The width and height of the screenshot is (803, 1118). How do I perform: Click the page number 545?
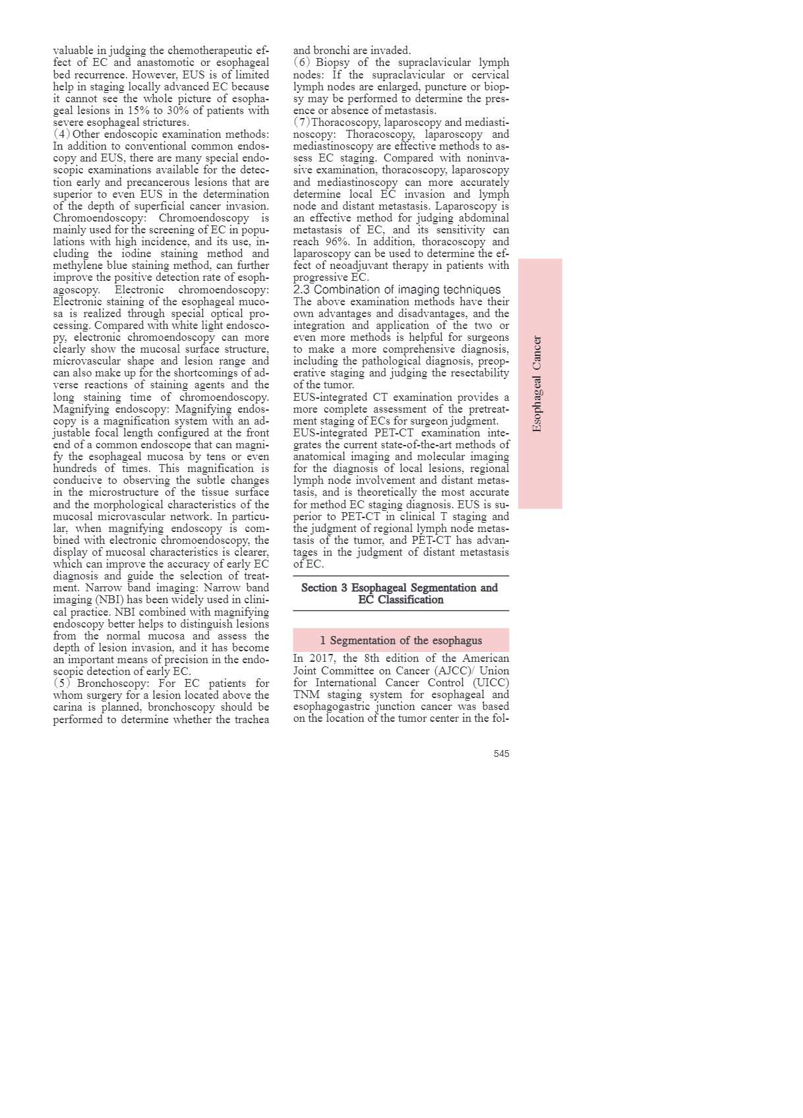[501, 753]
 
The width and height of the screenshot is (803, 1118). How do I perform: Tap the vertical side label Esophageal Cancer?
[537, 384]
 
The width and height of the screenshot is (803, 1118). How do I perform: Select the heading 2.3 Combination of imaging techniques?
[397, 289]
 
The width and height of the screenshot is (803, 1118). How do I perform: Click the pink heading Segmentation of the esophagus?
[401, 640]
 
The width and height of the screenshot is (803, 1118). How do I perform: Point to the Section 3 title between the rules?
[400, 593]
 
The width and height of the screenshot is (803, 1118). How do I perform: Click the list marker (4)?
[61, 134]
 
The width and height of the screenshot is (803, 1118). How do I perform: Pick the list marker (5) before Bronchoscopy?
[61, 683]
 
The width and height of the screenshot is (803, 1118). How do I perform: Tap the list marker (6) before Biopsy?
[301, 63]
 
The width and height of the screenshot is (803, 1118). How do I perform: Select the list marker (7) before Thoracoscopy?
[301, 122]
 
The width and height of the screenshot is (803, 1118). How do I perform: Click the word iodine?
[136, 254]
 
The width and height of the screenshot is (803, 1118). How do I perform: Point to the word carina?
[68, 707]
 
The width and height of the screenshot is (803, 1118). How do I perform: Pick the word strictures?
[165, 122]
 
